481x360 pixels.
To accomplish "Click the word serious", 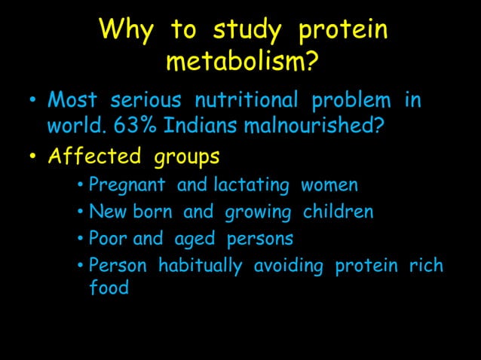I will (148, 100).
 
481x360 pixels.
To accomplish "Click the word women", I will (329, 185).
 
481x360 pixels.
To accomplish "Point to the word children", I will (338, 212).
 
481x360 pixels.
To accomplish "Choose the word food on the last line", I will (109, 288).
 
